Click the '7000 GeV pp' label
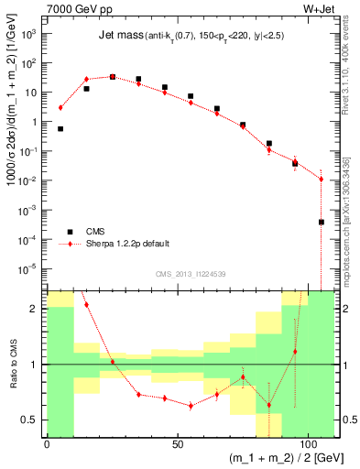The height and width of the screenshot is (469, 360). [x=75, y=9]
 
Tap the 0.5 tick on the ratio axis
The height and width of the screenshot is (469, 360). [x=32, y=420]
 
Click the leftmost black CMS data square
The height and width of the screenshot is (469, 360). [x=60, y=129]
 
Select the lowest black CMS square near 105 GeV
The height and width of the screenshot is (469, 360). [x=322, y=222]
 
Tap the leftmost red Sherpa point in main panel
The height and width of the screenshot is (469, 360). [x=60, y=107]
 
